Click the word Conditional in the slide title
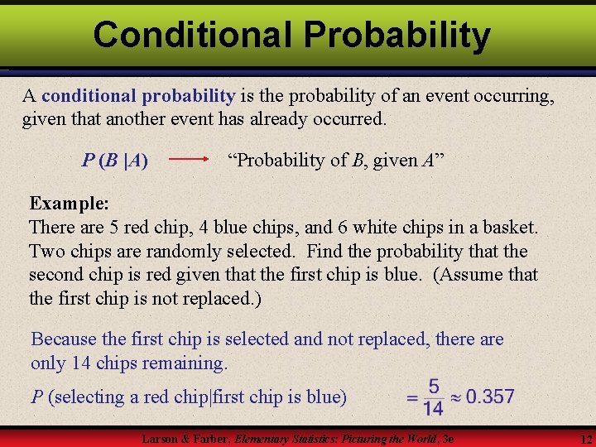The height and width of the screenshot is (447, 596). pos(193,35)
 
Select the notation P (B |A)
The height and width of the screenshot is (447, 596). pos(115,161)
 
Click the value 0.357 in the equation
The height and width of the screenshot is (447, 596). pos(490,397)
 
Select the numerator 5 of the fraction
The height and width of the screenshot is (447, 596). pos(434,387)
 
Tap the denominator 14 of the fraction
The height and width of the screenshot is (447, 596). pos(433,407)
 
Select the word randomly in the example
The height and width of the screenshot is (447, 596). pos(176,251)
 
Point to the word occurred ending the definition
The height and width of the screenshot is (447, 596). pos(348,119)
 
